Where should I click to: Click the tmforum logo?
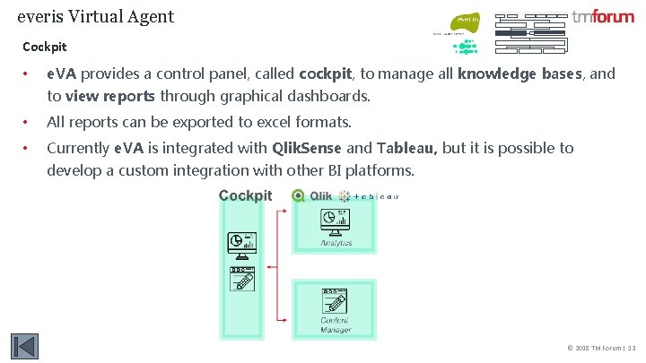point(602,17)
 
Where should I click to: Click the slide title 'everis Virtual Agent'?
point(96,16)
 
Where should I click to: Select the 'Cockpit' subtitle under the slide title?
point(45,46)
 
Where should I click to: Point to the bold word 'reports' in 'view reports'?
point(127,96)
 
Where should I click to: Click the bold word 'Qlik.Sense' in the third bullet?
point(307,148)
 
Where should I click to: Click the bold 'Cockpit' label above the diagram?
point(245,195)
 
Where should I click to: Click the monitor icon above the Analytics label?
point(336,220)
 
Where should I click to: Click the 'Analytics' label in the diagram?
point(336,243)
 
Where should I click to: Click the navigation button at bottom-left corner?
point(24,347)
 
